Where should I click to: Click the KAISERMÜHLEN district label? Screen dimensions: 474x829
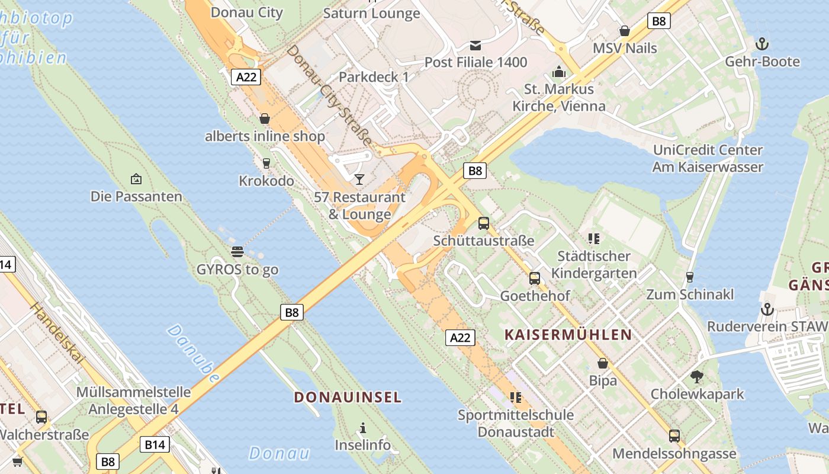(568, 334)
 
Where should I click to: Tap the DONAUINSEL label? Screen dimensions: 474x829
(348, 397)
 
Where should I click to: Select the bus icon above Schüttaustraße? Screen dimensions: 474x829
(484, 223)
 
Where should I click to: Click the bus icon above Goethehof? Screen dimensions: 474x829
(535, 278)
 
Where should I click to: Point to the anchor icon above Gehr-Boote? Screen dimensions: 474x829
(762, 44)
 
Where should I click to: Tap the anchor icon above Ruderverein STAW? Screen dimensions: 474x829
(767, 309)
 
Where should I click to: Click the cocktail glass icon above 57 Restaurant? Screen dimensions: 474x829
(359, 180)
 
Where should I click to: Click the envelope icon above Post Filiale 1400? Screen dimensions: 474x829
(475, 45)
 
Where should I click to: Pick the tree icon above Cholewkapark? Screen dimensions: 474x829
(697, 376)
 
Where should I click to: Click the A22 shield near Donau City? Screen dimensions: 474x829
(245, 77)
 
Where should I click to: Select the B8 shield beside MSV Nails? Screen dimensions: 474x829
(658, 21)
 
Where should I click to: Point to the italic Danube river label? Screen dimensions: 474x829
(193, 353)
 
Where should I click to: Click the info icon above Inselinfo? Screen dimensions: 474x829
(363, 428)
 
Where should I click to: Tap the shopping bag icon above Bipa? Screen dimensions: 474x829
(603, 363)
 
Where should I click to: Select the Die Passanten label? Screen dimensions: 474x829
(136, 196)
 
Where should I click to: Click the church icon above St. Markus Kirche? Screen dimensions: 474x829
(559, 72)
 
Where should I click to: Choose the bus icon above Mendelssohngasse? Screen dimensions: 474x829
(674, 436)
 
